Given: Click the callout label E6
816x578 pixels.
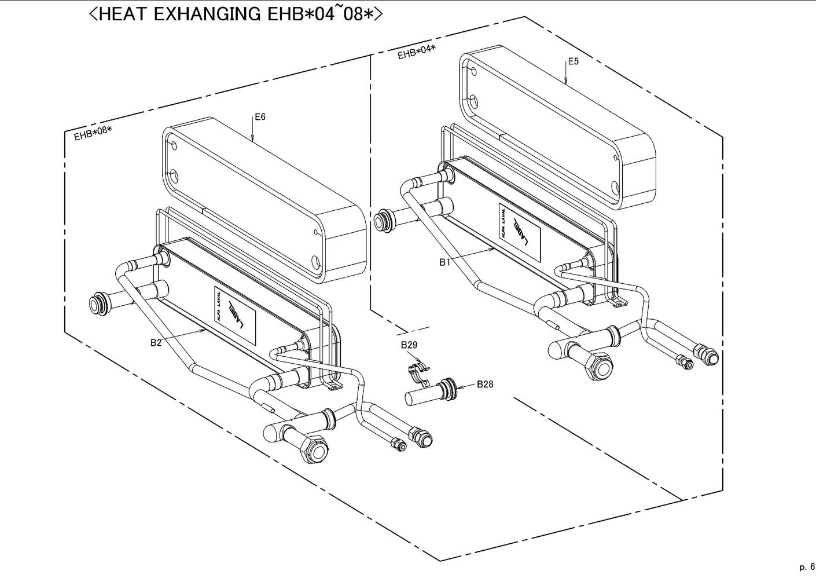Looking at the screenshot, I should [260, 117].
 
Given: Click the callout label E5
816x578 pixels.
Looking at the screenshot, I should [572, 61].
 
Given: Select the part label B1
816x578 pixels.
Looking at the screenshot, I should [444, 262].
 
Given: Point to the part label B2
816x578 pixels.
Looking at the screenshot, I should [156, 343].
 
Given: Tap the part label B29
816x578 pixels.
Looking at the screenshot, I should [409, 345].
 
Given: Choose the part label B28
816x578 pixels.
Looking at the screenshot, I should [485, 384].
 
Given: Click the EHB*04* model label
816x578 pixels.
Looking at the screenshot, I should [416, 52].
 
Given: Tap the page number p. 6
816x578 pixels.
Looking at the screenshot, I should [807, 566].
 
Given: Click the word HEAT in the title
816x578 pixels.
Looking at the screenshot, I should [123, 14].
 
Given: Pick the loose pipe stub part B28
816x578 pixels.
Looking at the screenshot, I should [428, 394].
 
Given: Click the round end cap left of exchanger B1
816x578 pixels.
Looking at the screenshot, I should [383, 221].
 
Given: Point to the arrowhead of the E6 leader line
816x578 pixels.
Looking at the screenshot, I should [253, 139].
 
